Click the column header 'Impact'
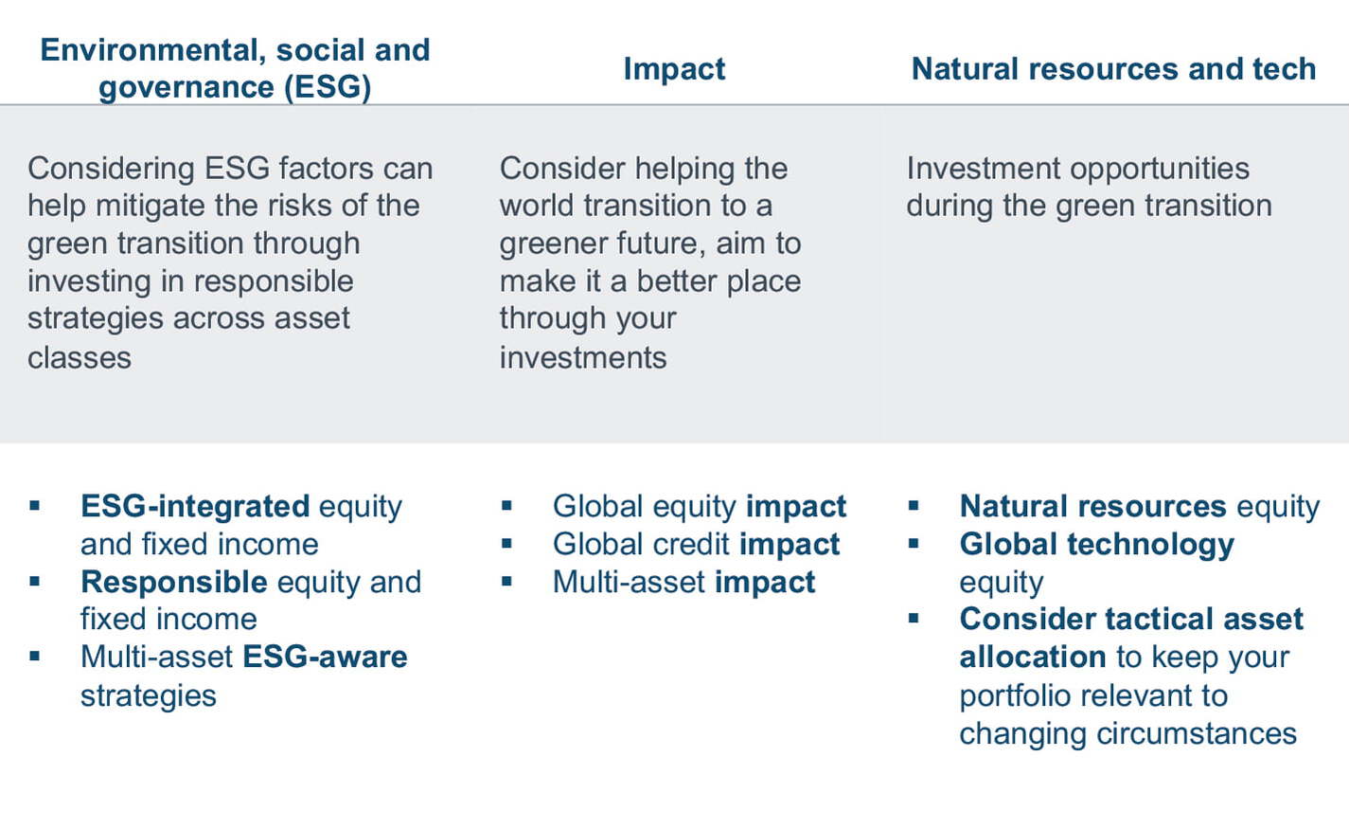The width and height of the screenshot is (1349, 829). click(x=674, y=69)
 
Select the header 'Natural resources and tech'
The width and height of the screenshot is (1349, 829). click(x=1113, y=69)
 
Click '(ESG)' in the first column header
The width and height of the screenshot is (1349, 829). click(x=328, y=87)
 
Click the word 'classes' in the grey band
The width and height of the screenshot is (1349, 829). click(x=80, y=357)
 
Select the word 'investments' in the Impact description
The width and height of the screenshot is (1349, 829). click(x=583, y=357)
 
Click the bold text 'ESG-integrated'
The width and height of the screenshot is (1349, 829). click(x=195, y=507)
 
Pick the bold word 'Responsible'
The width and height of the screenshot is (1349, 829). click(x=174, y=583)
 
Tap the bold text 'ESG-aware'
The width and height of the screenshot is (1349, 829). click(x=325, y=657)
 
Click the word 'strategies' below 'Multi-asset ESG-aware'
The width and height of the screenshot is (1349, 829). click(x=148, y=696)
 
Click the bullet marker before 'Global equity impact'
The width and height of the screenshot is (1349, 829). click(x=506, y=505)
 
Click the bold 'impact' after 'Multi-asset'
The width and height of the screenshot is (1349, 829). click(x=765, y=584)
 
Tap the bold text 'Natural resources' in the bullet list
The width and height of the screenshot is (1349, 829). click(x=1093, y=507)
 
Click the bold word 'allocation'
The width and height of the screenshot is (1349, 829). click(x=1032, y=657)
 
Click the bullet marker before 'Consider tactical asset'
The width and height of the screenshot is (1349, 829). click(x=914, y=618)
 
